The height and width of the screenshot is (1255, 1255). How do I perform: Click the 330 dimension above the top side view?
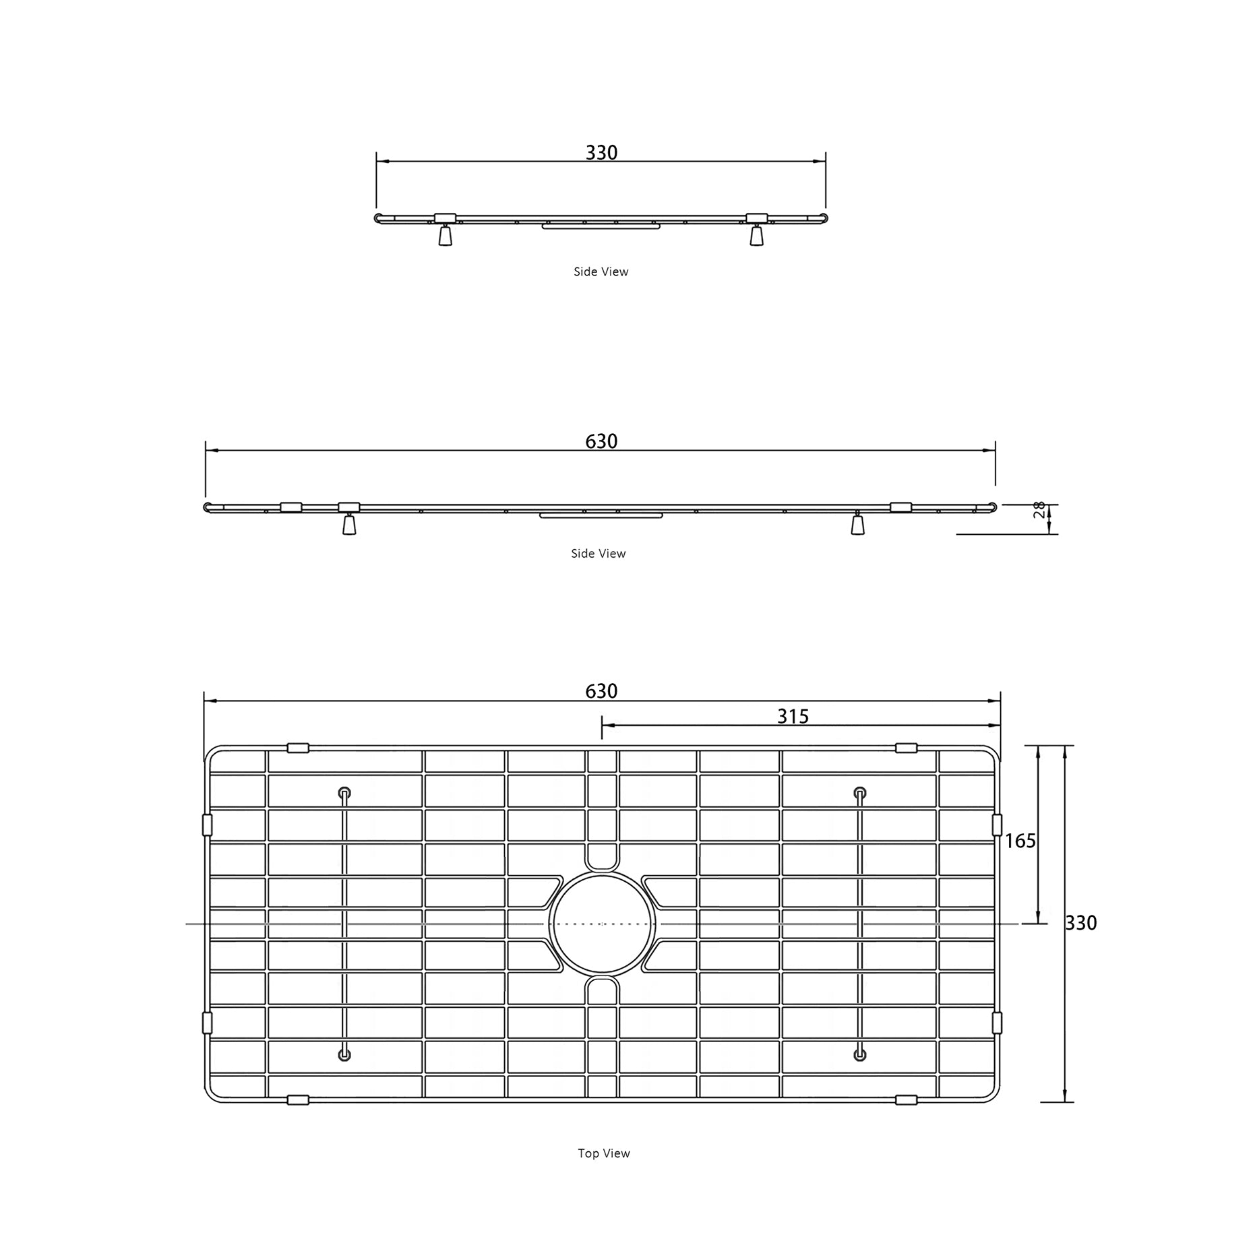(x=601, y=153)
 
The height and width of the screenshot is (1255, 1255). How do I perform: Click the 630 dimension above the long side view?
(x=601, y=441)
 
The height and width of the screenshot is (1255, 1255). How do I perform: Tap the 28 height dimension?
(x=1039, y=510)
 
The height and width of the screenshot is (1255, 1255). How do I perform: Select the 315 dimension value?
(x=793, y=716)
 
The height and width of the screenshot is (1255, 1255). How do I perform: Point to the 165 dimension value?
(x=1020, y=841)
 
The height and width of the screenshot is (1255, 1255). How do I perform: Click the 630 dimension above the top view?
(x=601, y=691)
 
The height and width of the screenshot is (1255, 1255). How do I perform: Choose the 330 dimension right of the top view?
(x=1081, y=923)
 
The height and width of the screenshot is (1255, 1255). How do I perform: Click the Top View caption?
(x=604, y=1153)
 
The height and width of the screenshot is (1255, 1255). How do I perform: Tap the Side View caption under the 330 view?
(x=601, y=271)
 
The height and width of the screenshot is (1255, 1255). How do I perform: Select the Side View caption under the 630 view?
(x=599, y=553)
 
